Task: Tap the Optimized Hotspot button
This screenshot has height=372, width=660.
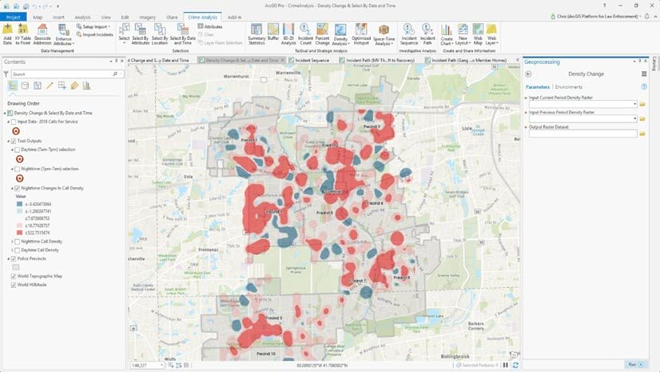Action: (362, 34)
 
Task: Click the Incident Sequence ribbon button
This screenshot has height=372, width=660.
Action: (410, 34)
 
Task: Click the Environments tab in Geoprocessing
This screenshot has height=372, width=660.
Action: (569, 86)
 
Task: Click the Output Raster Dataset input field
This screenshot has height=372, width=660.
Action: (582, 133)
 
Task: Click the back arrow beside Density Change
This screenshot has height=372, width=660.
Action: (528, 74)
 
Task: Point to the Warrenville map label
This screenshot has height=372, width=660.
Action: (291, 73)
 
